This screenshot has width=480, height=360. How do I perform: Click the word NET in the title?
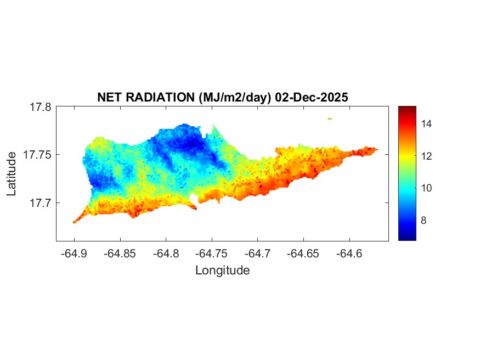tap(109, 97)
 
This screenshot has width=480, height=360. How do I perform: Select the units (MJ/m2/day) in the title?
tap(233, 97)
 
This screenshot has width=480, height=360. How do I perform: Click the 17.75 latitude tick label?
tap(37, 155)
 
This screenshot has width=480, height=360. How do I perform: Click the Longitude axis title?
tap(222, 270)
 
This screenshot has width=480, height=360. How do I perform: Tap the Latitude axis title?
tap(12, 174)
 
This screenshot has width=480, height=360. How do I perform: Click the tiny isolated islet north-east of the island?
tap(330, 118)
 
